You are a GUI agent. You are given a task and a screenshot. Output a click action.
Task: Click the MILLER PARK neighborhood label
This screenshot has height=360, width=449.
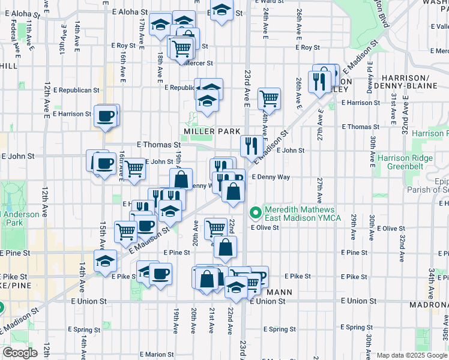[212, 131]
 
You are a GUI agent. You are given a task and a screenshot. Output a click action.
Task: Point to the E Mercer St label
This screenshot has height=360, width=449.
[199, 62]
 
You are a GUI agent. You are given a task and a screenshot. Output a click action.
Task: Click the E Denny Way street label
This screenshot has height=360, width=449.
[271, 177]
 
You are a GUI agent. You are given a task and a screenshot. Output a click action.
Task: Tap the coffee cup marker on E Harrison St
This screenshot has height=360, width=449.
[106, 116]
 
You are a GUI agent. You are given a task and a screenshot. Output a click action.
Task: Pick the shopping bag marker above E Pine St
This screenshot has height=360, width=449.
[225, 247]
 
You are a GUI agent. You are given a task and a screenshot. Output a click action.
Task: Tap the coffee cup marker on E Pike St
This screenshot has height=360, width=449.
[160, 274]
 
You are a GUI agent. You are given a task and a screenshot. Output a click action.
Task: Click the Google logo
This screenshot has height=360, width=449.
[20, 353]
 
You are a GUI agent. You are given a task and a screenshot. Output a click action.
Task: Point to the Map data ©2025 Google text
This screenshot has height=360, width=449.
[412, 355]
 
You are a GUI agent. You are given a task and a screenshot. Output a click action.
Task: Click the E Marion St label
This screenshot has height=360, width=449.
[157, 355]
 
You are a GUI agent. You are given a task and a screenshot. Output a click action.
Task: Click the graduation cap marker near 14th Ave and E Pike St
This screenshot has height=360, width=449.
[105, 262]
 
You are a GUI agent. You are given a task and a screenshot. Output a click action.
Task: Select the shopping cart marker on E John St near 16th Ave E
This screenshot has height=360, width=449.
[134, 170]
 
